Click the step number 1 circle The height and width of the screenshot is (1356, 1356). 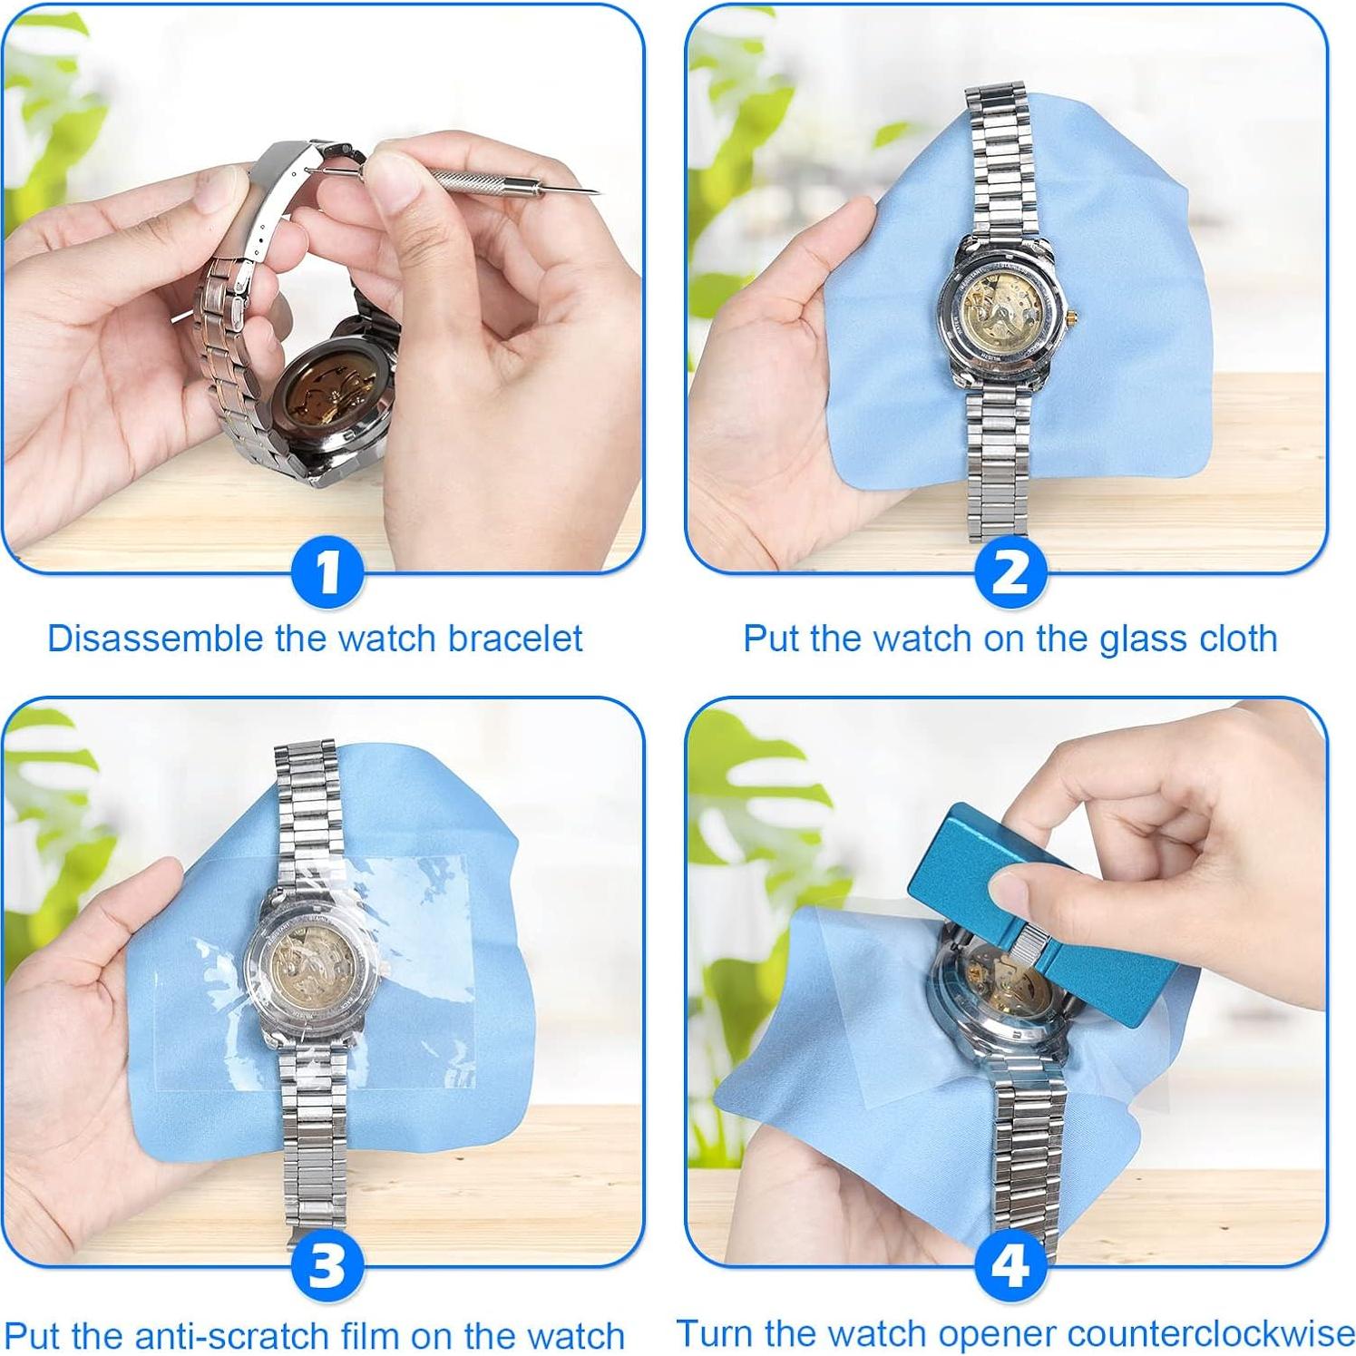pyautogui.click(x=327, y=572)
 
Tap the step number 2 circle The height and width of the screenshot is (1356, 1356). pyautogui.click(x=1010, y=572)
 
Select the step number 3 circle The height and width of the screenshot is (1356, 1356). pyautogui.click(x=327, y=1265)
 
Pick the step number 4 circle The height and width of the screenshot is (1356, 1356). pyautogui.click(x=1010, y=1265)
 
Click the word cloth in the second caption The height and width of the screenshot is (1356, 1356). pyautogui.click(x=1238, y=639)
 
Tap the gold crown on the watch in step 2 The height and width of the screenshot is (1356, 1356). pyautogui.click(x=1073, y=316)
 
